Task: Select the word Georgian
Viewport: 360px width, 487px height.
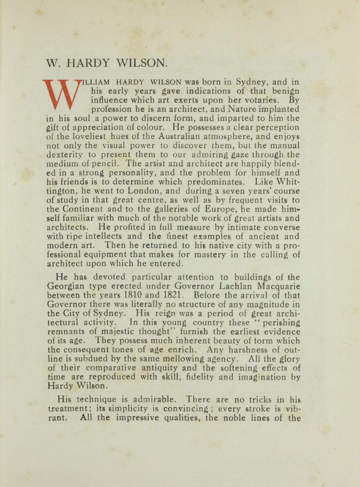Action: [66, 286]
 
